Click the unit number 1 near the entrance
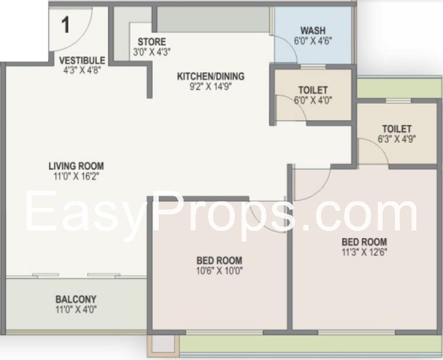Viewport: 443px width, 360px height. coord(65,24)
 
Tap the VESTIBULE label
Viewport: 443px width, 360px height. coord(82,60)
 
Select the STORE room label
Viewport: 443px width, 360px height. coord(152,42)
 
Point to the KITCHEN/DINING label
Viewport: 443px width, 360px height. coord(210,76)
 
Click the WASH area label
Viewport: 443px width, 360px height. coord(313,31)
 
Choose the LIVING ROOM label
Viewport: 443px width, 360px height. coord(76,166)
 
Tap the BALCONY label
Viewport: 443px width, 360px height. coord(76,299)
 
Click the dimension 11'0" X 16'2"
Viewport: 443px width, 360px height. coord(76,176)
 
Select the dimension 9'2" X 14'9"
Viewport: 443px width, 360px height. coord(210,86)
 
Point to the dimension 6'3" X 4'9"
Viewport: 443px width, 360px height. coord(397,139)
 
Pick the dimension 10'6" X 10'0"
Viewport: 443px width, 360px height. coord(220,271)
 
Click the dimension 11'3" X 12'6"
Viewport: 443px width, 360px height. coord(364,252)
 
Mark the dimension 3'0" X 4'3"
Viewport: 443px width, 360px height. coord(152,52)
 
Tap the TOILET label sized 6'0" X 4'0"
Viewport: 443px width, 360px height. coord(313,90)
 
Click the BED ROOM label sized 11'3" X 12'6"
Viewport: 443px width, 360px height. coord(364,242)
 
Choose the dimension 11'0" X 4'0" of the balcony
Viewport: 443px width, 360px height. coord(76,310)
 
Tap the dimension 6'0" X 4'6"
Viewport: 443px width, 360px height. coord(313,41)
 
